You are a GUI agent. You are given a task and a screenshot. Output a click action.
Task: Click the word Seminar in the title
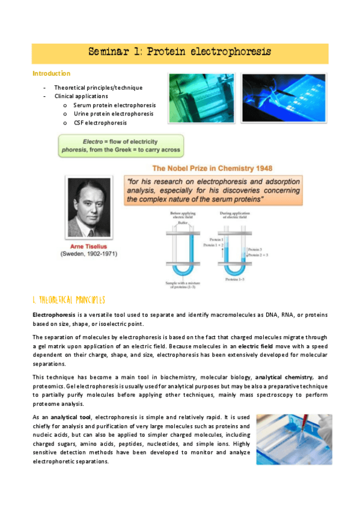[x=109, y=52]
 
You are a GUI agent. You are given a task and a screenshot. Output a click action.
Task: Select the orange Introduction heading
[x=51, y=74]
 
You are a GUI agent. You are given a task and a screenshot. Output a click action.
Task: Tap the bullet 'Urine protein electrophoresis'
[x=114, y=114]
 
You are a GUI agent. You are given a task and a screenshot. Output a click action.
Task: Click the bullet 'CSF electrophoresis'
[x=100, y=123]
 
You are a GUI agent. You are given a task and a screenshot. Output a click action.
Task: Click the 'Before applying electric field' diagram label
[x=183, y=215]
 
